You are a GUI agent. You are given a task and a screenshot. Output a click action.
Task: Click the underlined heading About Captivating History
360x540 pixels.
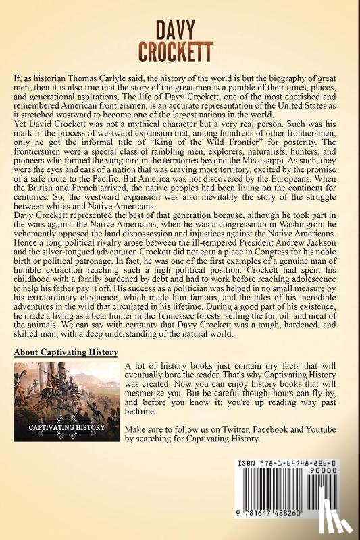click(66, 352)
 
